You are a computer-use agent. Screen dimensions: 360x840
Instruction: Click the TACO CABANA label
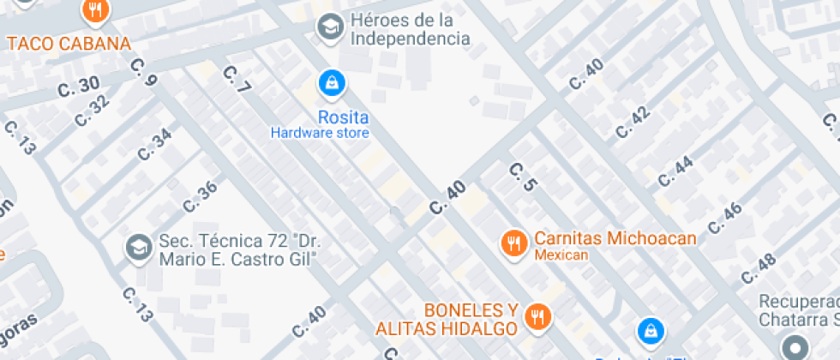click(x=69, y=44)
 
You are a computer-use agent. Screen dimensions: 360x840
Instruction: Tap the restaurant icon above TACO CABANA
click(x=93, y=11)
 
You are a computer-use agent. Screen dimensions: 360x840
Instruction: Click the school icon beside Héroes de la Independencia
click(x=328, y=27)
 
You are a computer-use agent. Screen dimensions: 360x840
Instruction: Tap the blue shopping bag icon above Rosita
click(x=331, y=83)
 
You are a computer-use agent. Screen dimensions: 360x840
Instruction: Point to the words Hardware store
click(x=320, y=133)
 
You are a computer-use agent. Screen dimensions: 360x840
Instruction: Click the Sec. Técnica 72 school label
click(x=238, y=249)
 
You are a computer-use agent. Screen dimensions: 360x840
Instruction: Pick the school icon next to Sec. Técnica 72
click(x=137, y=249)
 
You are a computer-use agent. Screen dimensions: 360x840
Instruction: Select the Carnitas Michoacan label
click(x=615, y=239)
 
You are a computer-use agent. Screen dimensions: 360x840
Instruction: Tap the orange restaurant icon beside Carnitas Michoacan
click(x=513, y=243)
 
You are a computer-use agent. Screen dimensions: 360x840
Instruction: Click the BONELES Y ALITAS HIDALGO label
click(x=447, y=319)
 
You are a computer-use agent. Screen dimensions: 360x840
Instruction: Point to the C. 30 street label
click(x=79, y=87)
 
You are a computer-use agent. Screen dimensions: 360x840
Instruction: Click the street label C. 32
click(x=93, y=111)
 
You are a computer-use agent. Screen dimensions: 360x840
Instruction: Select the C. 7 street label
click(x=236, y=80)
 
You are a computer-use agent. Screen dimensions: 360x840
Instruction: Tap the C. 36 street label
click(x=201, y=197)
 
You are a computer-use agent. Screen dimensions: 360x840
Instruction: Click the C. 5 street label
click(x=522, y=177)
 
